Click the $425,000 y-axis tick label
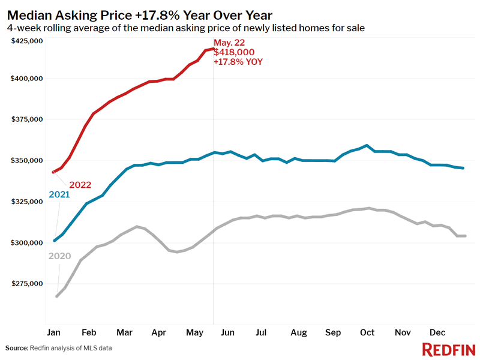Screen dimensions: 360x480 tap(27, 41)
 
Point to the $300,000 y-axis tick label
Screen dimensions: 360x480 tap(27, 242)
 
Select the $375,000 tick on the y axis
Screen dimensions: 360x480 tap(27, 119)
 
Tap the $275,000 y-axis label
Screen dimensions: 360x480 tap(27, 283)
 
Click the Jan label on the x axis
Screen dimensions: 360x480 tap(53, 332)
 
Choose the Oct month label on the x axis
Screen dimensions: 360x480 tap(367, 332)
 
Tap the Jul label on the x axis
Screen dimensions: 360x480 tap(261, 332)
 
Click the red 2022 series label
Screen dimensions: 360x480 tap(80, 184)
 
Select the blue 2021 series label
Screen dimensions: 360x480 tap(59, 195)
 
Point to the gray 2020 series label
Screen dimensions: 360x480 tap(59, 256)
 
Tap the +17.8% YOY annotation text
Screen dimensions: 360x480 tap(238, 62)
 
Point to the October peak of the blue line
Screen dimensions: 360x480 tap(367, 145)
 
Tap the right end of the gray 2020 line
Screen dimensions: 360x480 tap(465, 236)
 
